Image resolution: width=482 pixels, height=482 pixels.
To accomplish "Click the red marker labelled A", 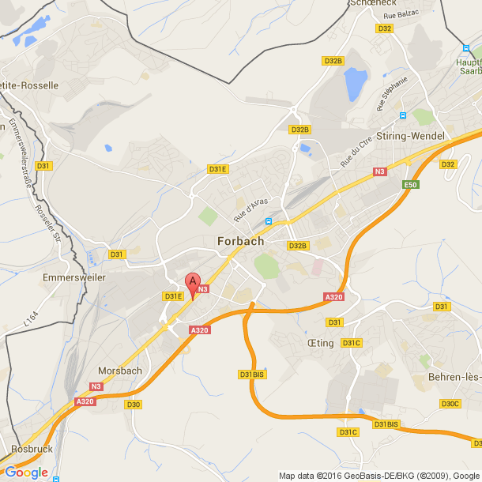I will tap(192, 282).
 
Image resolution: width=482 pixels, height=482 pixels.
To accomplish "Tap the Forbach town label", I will tap(240, 241).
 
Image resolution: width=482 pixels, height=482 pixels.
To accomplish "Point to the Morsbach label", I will tap(119, 370).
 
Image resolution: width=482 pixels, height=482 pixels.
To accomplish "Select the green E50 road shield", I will tap(410, 185).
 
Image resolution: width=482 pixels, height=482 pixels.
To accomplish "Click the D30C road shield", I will tap(450, 404).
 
